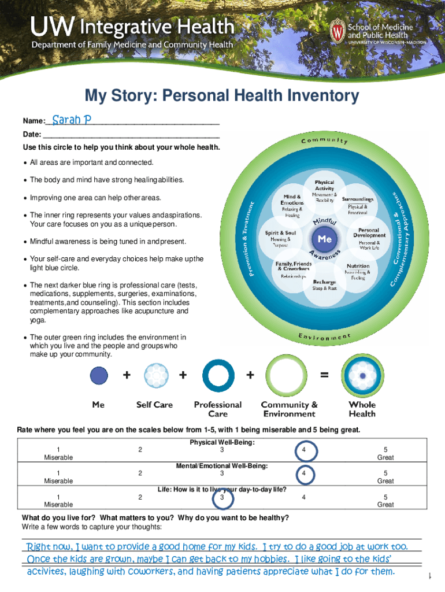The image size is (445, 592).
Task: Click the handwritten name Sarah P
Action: tap(72, 120)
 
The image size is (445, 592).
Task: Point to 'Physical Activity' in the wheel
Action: tap(324, 185)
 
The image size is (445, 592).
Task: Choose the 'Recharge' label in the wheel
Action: tap(324, 283)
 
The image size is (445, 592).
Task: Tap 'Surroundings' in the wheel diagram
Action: tap(358, 199)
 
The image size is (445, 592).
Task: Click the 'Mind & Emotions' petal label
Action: tap(291, 199)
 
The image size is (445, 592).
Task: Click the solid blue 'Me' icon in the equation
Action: tap(99, 376)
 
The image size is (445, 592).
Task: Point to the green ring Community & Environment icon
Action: tap(289, 376)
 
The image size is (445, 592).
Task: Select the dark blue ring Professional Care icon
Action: tap(218, 376)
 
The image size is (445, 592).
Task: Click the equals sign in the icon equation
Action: tap(325, 375)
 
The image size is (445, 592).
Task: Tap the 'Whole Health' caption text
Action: tap(362, 409)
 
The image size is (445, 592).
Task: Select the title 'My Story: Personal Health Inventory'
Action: tap(222, 96)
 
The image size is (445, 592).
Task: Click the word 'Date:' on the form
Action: tap(32, 134)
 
